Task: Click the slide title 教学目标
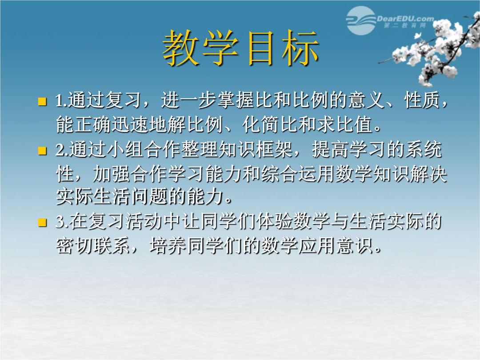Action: point(240,48)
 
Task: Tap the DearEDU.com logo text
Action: point(405,19)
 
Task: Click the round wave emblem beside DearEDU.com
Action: point(361,20)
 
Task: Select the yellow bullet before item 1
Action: point(42,101)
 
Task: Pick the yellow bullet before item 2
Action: point(42,151)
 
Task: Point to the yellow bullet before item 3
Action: point(42,222)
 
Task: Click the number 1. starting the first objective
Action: point(61,101)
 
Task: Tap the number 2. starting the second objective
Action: point(62,150)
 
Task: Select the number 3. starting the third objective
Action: point(62,222)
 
